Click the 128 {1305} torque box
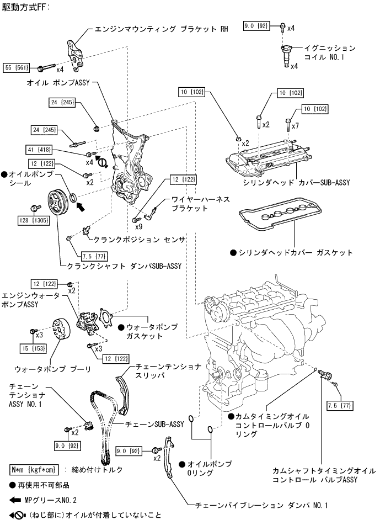tap(34, 220)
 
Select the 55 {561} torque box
tap(16, 68)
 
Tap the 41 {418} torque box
tap(39, 150)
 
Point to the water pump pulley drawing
tap(60, 330)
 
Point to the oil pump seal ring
tap(73, 199)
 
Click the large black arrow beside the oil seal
tap(81, 207)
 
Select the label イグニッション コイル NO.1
tap(329, 52)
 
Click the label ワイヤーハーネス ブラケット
tap(201, 204)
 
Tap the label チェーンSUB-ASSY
tap(155, 424)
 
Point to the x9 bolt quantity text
tap(139, 227)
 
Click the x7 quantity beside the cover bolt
tap(296, 126)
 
